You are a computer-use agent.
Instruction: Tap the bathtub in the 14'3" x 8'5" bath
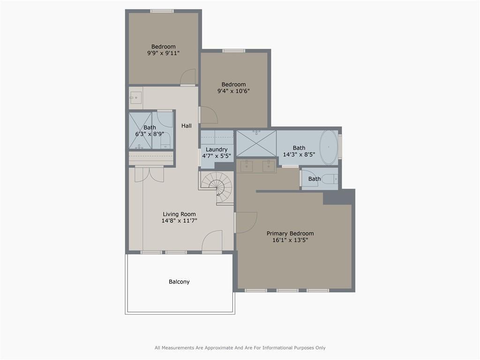coord(329,147)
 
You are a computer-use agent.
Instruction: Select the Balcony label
coord(179,282)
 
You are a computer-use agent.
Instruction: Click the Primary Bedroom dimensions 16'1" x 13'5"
coord(290,240)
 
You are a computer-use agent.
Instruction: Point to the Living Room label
coord(179,214)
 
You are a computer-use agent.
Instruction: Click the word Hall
coord(187,126)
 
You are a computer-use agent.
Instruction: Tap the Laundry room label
coord(217,150)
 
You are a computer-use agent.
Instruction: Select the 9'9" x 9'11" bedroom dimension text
coord(163,53)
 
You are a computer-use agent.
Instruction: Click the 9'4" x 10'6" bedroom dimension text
coord(233,91)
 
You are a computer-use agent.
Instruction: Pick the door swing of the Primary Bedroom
coord(246,222)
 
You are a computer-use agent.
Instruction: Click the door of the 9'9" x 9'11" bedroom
coord(187,77)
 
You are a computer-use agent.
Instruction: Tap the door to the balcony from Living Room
coord(212,241)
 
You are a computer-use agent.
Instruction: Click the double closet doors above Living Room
coord(149,173)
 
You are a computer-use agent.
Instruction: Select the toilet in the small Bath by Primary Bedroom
coord(330,179)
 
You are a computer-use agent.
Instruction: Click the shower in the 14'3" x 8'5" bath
coord(256,143)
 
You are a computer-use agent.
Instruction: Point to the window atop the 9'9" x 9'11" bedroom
coord(162,11)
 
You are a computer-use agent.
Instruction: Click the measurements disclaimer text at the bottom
coord(240,348)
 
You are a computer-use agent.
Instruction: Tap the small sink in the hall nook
coord(135,97)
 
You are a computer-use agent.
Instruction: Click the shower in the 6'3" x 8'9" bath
coord(140,130)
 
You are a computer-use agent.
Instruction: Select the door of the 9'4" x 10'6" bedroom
coord(209,115)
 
